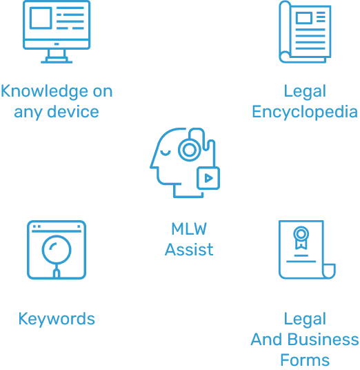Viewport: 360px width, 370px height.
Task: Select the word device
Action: tap(73, 112)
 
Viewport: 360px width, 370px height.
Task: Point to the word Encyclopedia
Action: tap(305, 113)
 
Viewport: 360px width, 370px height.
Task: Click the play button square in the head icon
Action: tap(208, 178)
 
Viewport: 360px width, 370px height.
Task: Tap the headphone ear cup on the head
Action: tap(190, 150)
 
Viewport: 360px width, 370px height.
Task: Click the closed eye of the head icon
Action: tap(166, 154)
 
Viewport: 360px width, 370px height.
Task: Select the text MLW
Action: tap(189, 229)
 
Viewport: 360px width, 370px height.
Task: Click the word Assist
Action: tap(189, 250)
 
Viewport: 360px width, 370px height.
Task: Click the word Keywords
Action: tap(57, 320)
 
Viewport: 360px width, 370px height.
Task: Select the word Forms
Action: tap(305, 360)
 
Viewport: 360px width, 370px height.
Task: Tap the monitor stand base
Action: tap(57, 62)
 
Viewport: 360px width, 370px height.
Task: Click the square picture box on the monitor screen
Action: tap(41, 18)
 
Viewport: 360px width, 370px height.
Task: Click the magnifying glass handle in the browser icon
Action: tap(57, 271)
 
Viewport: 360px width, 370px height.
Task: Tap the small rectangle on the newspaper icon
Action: tap(304, 18)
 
